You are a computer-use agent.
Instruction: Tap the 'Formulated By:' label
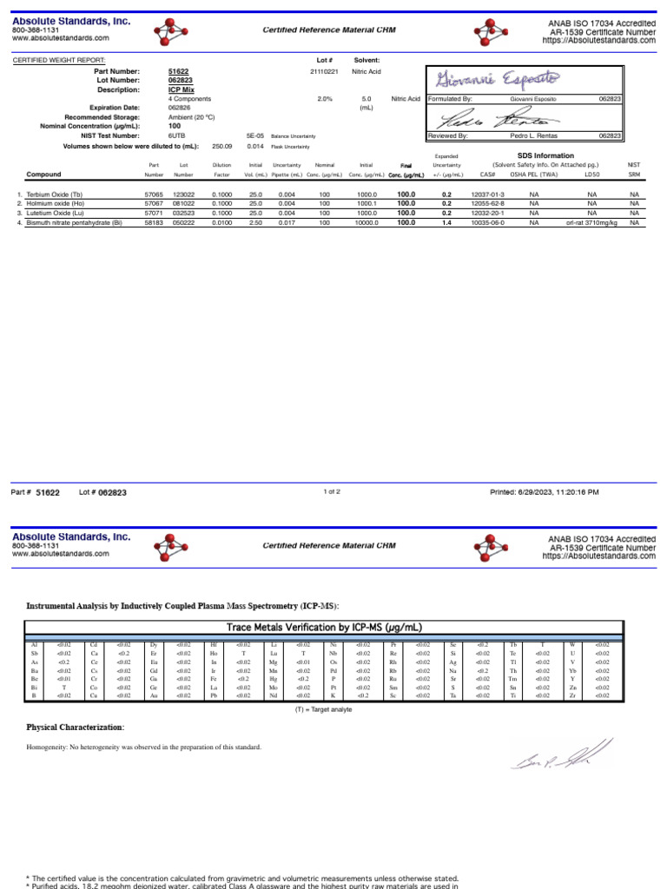(450, 99)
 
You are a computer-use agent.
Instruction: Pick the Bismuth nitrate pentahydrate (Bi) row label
(72, 222)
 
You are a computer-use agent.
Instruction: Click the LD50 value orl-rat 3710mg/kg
(591, 222)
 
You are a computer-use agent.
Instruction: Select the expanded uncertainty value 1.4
(446, 222)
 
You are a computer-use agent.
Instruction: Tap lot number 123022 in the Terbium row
(183, 195)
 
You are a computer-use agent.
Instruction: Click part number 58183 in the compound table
(154, 222)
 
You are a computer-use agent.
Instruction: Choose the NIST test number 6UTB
(176, 136)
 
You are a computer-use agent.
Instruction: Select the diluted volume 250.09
(223, 146)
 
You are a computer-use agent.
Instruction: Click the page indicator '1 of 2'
(332, 491)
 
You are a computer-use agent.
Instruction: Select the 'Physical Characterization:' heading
(76, 727)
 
